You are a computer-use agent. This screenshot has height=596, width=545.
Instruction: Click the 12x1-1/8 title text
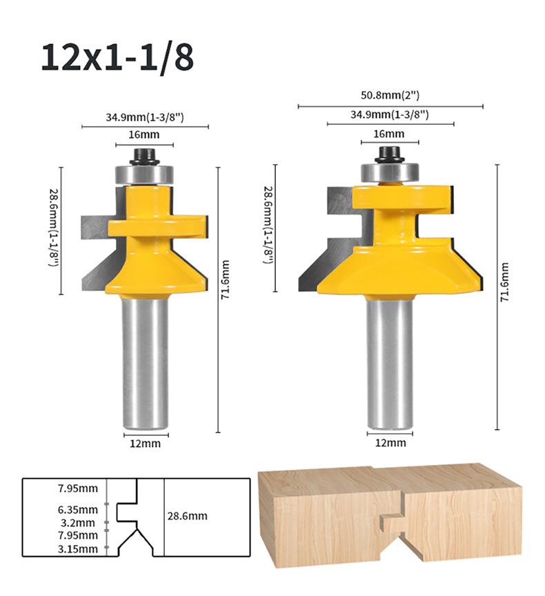(117, 58)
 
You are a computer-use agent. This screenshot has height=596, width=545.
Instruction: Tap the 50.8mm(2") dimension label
(390, 95)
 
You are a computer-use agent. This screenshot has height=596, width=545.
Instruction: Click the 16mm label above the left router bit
(143, 135)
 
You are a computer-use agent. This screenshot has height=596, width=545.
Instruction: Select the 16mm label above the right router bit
(389, 134)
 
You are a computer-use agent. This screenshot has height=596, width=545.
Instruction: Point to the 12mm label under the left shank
(145, 444)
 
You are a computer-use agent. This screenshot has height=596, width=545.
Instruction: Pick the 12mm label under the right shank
(390, 443)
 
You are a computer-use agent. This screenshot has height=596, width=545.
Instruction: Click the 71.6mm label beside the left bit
(226, 279)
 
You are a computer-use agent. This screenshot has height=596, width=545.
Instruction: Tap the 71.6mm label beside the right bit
(505, 282)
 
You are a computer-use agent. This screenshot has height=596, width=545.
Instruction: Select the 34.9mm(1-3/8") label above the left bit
(145, 117)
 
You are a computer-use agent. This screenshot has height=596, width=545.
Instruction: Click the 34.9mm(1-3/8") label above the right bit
(390, 115)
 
